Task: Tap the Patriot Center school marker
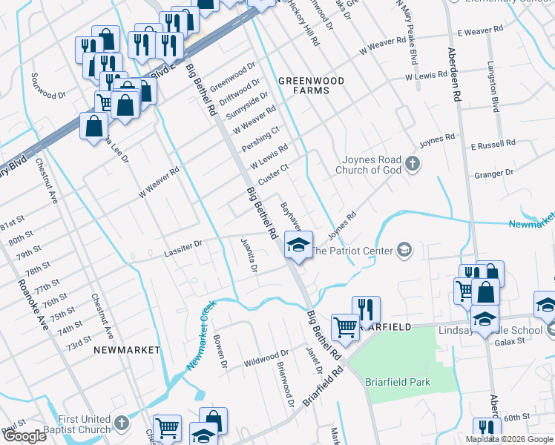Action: coord(404,250)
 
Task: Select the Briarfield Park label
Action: coord(398,383)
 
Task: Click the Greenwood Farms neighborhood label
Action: coord(303,85)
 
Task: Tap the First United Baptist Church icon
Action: coord(122,423)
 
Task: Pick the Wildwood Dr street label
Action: coord(266,359)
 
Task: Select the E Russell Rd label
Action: coord(493,144)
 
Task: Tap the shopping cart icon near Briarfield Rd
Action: coord(345,325)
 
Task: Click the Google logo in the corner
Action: coord(24,436)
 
